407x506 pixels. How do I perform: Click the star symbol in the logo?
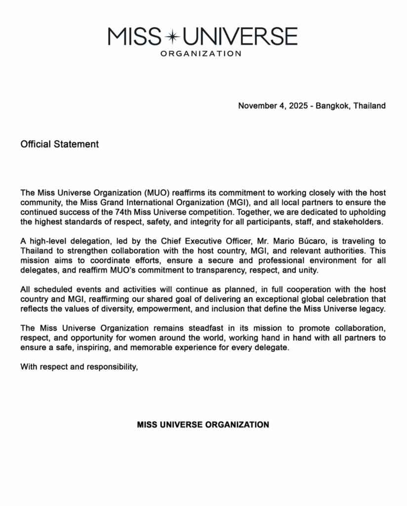coord(173,36)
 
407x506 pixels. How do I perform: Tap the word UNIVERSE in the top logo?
coord(239,36)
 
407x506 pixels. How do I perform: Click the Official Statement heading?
coord(60,144)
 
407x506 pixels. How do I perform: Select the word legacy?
coord(371,308)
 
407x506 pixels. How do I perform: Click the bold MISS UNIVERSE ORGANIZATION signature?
coord(203,424)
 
